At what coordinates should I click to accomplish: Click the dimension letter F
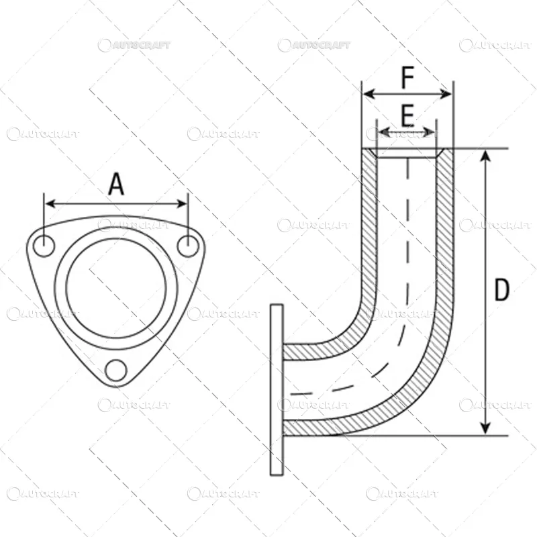pos(407,77)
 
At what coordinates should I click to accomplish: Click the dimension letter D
pos(501,289)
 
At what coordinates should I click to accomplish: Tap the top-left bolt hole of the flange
pos(44,246)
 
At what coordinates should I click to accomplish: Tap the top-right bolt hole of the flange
pos(189,246)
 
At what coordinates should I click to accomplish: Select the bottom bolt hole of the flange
pos(116,371)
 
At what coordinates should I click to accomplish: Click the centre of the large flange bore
pos(116,289)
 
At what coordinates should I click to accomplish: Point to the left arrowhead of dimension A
pos(50,204)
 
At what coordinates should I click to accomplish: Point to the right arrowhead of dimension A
pos(181,204)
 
